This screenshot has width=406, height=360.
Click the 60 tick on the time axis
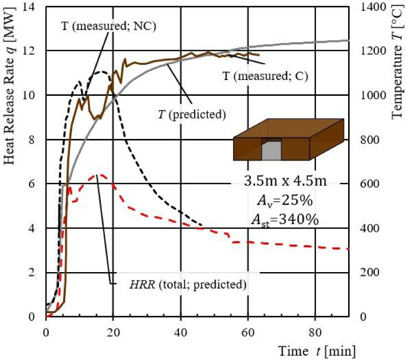[248, 332]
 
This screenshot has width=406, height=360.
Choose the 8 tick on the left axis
[35, 139]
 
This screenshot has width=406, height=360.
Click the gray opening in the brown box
[271, 151]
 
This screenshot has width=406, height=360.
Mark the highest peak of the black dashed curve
[101, 72]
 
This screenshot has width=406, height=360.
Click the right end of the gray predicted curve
[349, 40]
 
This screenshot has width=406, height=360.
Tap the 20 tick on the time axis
[113, 332]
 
